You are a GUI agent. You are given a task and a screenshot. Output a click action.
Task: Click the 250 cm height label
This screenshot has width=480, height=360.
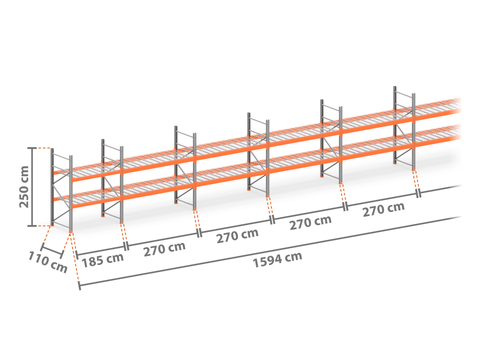[x=24, y=187]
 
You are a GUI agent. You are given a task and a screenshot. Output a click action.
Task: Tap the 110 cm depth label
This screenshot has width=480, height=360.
[x=48, y=262]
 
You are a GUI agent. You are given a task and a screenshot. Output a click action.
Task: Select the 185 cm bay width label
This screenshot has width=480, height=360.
[x=103, y=260]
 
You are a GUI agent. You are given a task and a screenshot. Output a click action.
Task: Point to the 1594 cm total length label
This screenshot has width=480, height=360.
[x=278, y=260]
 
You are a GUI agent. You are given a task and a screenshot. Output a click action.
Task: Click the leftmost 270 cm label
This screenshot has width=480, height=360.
[x=164, y=249]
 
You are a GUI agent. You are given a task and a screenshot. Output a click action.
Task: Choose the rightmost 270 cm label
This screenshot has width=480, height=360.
[x=384, y=210]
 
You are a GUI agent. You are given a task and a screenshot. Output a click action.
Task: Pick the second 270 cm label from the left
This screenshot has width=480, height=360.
[x=237, y=236]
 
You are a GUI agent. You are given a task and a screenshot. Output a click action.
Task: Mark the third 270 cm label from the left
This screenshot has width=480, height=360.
[x=310, y=223]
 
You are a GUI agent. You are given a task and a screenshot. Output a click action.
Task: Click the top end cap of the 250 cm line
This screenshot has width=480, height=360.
[x=32, y=148]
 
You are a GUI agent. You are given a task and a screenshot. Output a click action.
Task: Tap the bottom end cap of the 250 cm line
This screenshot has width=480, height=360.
[x=32, y=226]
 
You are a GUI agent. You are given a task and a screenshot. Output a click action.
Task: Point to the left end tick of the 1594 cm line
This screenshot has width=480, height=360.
[x=79, y=286]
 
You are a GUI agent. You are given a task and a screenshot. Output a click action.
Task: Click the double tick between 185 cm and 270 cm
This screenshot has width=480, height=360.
[x=126, y=246]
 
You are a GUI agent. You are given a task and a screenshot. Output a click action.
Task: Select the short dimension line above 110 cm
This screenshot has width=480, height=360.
[x=52, y=252]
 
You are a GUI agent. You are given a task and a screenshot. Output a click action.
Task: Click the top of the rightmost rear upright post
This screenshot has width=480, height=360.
[x=395, y=88]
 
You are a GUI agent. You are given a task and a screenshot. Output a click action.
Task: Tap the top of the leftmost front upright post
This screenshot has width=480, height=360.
[x=71, y=157]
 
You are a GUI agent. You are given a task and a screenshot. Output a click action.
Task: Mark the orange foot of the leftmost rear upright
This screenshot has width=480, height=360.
[x=52, y=224]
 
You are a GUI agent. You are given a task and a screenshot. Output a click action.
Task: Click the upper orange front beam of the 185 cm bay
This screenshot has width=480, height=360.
[x=97, y=175]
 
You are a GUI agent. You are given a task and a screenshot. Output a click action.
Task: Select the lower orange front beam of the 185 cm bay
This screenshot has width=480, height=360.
[x=97, y=202]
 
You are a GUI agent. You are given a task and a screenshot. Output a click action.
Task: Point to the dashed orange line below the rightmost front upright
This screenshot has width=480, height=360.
[x=416, y=180]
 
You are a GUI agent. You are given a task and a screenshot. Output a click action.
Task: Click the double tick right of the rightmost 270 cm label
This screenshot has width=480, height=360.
[x=419, y=193]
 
